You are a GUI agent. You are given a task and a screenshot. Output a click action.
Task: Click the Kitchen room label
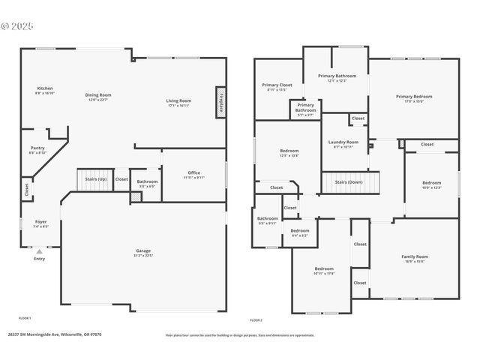[44, 89]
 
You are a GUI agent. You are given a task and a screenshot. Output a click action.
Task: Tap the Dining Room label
[98, 96]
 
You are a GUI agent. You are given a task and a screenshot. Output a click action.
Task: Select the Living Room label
[178, 102]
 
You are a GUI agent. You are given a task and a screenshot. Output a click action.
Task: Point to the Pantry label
[37, 149]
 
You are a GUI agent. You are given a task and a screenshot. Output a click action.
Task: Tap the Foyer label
[40, 223]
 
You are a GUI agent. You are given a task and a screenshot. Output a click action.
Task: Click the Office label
[193, 174]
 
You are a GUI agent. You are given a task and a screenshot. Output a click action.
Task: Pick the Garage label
[143, 252]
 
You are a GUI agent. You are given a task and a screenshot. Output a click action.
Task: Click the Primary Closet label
[277, 86]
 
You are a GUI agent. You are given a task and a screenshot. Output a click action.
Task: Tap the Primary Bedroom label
[414, 97]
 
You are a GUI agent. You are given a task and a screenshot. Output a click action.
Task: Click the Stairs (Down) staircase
[350, 182]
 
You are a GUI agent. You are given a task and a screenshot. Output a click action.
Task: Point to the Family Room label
[414, 258]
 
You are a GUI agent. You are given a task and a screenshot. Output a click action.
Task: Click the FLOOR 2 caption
[256, 319]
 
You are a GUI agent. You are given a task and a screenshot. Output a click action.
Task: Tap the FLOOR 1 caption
[25, 319]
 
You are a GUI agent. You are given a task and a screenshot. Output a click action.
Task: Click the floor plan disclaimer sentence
[240, 335]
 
